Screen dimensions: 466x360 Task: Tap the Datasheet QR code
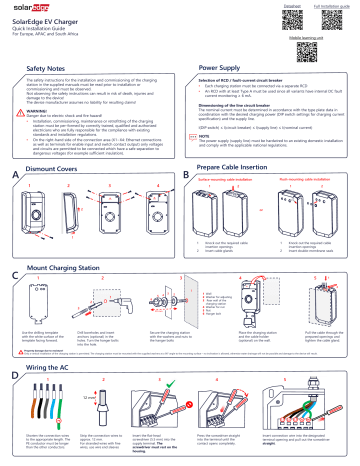coord(291,21)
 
